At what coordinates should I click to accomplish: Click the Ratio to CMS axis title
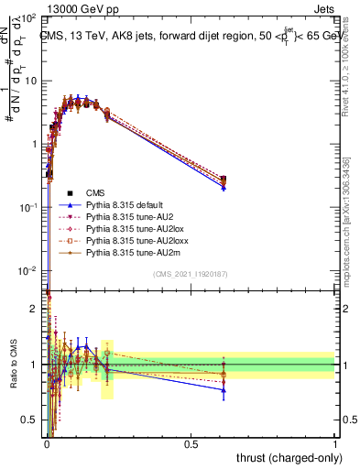click(x=12, y=365)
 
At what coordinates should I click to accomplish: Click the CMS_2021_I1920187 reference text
click(x=191, y=275)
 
